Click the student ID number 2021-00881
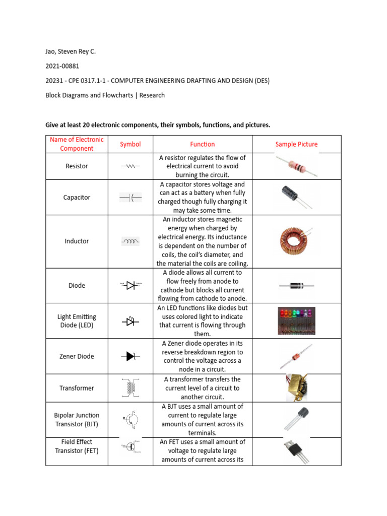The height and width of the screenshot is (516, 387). click(x=62, y=66)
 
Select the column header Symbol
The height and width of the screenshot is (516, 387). click(x=130, y=144)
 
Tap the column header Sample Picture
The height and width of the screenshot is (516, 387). click(x=296, y=144)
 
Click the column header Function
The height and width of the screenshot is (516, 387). click(x=202, y=144)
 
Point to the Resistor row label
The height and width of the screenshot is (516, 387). click(x=77, y=166)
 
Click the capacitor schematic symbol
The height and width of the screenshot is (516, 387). click(x=131, y=198)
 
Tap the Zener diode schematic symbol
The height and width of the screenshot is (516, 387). click(x=131, y=356)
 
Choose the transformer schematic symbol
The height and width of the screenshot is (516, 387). click(x=131, y=388)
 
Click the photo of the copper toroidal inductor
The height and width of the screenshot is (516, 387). click(x=296, y=241)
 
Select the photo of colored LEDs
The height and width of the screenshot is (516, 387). click(x=296, y=321)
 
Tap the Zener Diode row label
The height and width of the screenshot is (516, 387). click(x=77, y=356)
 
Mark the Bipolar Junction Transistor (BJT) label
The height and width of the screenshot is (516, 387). click(x=77, y=420)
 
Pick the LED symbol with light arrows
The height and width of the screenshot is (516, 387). click(x=131, y=321)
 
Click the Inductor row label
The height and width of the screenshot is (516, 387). click(x=77, y=241)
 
